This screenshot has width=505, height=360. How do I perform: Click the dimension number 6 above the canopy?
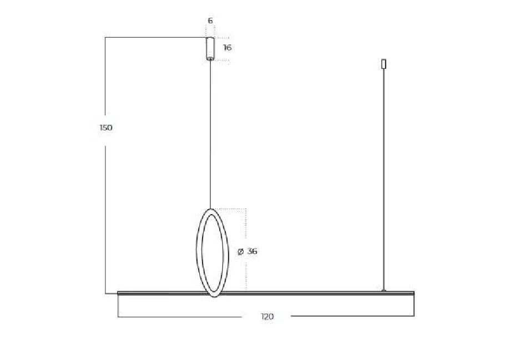point(210,21)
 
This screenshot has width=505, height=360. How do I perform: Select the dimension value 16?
point(227,48)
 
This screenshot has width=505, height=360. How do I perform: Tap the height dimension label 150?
point(105,128)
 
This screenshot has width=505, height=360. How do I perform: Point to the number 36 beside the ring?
point(252,251)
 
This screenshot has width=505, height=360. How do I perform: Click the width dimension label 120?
point(267,317)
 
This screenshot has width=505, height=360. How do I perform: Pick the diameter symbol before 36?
point(240,252)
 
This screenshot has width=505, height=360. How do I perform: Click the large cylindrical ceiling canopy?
point(210,48)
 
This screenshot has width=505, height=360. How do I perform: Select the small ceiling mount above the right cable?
point(383,64)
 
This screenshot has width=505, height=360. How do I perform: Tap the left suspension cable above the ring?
point(210,133)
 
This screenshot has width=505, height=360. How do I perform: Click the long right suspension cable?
point(383,178)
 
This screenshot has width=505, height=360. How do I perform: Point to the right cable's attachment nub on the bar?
point(383,290)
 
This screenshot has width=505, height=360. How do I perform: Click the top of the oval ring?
point(211,210)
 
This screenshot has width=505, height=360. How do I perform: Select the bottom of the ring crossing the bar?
point(214,295)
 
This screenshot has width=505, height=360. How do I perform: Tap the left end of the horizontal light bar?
point(120,292)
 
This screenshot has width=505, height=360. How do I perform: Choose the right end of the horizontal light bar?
point(412,292)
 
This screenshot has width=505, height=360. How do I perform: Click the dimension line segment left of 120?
point(183,317)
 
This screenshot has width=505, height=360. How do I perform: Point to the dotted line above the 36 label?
point(245,227)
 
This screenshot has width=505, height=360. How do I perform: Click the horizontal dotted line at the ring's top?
point(230,209)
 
